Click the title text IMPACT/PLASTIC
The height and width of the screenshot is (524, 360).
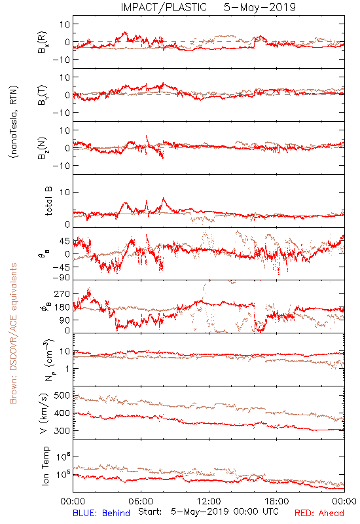point(164,7)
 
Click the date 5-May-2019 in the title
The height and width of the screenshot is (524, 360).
point(260,7)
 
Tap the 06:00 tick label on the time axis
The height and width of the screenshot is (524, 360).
point(141,501)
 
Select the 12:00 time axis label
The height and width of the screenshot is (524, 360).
point(209,501)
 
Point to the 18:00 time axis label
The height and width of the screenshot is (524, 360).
point(277,501)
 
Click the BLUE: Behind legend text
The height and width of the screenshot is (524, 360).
point(101,513)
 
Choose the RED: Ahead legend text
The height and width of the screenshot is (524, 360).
point(319,513)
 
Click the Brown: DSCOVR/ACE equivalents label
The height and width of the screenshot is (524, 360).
point(13,333)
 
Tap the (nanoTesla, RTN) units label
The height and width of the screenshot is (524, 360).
point(14,122)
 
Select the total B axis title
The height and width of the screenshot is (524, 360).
point(48,201)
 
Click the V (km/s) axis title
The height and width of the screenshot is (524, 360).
point(44,413)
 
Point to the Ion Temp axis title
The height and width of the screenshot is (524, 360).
point(46,466)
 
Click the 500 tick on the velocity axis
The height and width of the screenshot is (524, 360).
point(62,396)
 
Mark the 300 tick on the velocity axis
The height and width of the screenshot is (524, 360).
point(62,430)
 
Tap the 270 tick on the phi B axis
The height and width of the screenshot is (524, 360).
point(62,293)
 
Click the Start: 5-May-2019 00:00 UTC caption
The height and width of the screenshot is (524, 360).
point(208,512)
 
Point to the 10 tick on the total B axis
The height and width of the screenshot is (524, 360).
point(65,192)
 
